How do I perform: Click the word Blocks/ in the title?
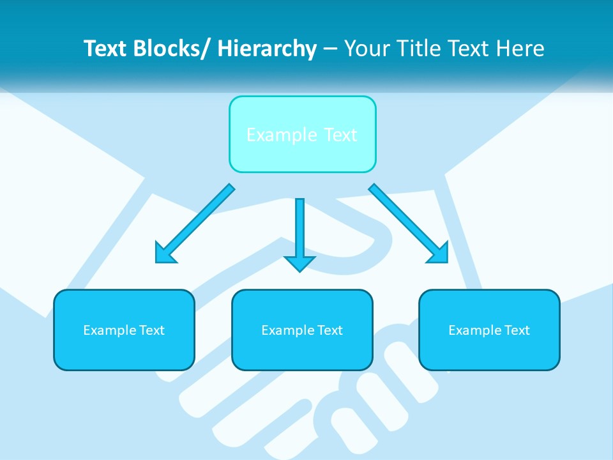click(167, 49)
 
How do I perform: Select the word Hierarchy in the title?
click(267, 49)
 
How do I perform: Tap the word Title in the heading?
click(416, 49)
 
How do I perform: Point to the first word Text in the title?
click(105, 49)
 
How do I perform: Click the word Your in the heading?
click(365, 49)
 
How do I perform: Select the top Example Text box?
click(302, 134)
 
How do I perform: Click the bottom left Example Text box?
click(124, 330)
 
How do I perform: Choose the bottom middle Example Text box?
click(302, 330)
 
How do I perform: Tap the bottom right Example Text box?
click(489, 330)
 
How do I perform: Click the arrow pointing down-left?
click(195, 224)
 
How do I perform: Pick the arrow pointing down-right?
click(409, 224)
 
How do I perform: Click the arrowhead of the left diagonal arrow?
click(164, 254)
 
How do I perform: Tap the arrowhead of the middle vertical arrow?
click(299, 263)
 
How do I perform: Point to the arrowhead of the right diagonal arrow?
click(439, 254)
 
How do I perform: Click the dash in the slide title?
click(330, 49)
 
